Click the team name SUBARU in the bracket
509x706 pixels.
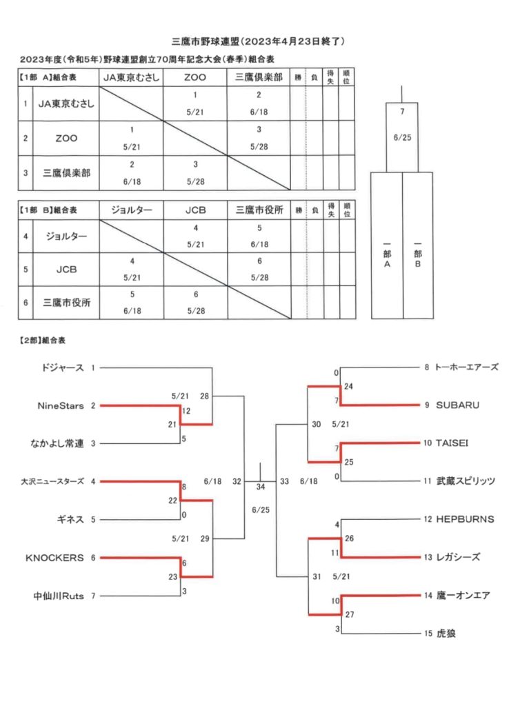pos(457,405)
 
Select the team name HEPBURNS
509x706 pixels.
pos(465,519)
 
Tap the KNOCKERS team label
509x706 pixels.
pos(54,558)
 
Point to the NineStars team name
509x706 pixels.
pos(61,405)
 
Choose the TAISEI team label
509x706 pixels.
pos(452,443)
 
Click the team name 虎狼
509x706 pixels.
pos(446,634)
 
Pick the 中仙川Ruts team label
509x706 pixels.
pos(59,596)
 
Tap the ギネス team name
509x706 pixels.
pos(70,520)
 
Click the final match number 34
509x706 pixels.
pos(261,487)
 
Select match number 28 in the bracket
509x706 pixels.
pos(205,396)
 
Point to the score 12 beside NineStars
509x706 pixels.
pos(186,411)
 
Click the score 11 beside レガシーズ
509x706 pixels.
pos(335,552)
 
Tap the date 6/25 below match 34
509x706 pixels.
pos(261,510)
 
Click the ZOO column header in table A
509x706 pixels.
pos(195,77)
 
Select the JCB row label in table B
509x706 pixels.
pos(66,270)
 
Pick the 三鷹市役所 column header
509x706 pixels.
pos(259,210)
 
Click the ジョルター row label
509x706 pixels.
pos(66,236)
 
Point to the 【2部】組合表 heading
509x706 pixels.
pos(42,341)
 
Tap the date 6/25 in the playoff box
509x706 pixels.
pos(402,138)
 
